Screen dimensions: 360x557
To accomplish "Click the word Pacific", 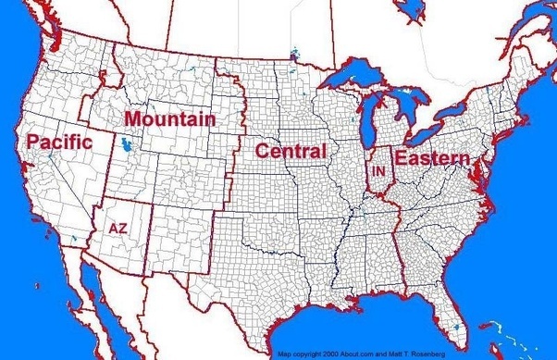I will (x=59, y=142).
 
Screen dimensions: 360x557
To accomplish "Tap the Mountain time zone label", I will (x=169, y=119).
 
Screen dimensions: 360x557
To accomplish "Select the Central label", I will (x=291, y=151).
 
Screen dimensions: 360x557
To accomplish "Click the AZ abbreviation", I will (x=118, y=226).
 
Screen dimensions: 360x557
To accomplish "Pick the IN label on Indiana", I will (x=378, y=172).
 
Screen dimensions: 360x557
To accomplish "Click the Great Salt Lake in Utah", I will (x=125, y=145).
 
